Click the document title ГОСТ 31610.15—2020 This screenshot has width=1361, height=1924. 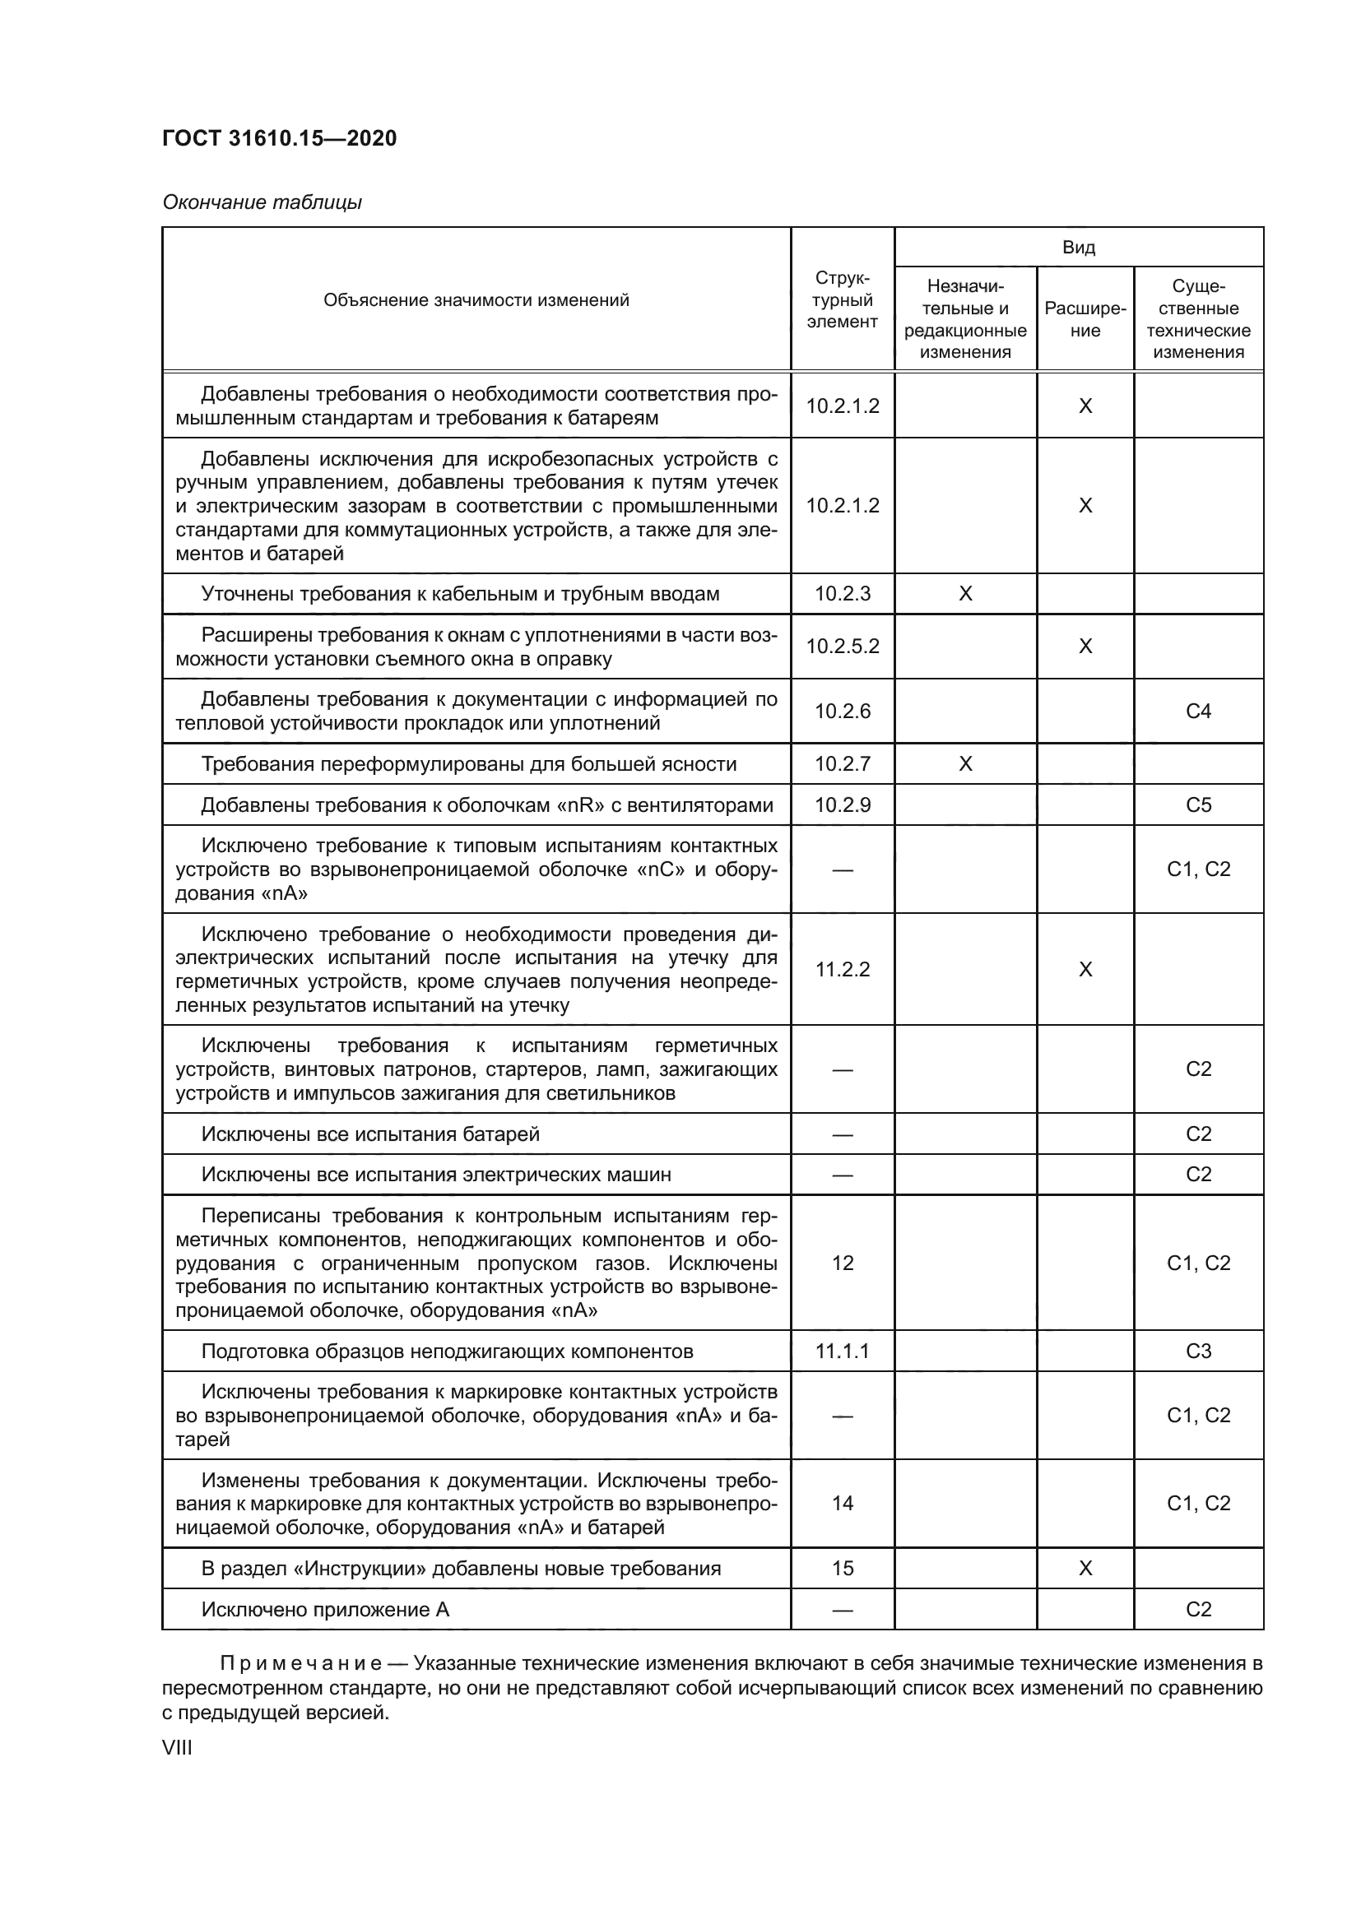279,138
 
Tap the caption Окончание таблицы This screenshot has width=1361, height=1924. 262,202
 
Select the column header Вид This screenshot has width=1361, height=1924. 1079,248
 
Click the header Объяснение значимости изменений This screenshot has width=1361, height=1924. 476,300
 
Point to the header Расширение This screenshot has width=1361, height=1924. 1085,319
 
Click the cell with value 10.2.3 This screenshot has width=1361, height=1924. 843,594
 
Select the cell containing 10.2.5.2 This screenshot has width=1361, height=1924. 843,646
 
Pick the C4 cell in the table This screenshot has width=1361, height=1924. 1197,712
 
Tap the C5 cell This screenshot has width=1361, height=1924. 1197,805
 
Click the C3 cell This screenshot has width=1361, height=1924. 1197,1351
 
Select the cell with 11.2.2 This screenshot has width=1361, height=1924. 843,970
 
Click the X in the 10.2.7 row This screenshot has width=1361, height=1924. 964,764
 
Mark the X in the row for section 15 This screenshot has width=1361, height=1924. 1085,1568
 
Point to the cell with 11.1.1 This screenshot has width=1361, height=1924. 843,1351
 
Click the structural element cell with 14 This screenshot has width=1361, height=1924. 843,1504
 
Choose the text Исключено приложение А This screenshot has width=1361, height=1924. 325,1609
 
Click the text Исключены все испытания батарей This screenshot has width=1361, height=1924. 370,1134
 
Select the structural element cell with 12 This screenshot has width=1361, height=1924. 843,1263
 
